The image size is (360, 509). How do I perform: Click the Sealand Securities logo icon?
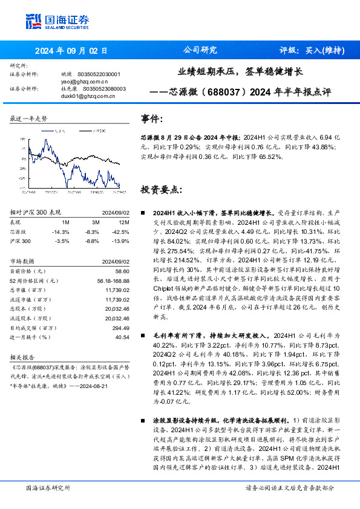(33, 21)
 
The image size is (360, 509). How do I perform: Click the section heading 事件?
(152, 119)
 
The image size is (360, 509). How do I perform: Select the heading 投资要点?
(160, 189)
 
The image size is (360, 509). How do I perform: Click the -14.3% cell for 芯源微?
(61, 232)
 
